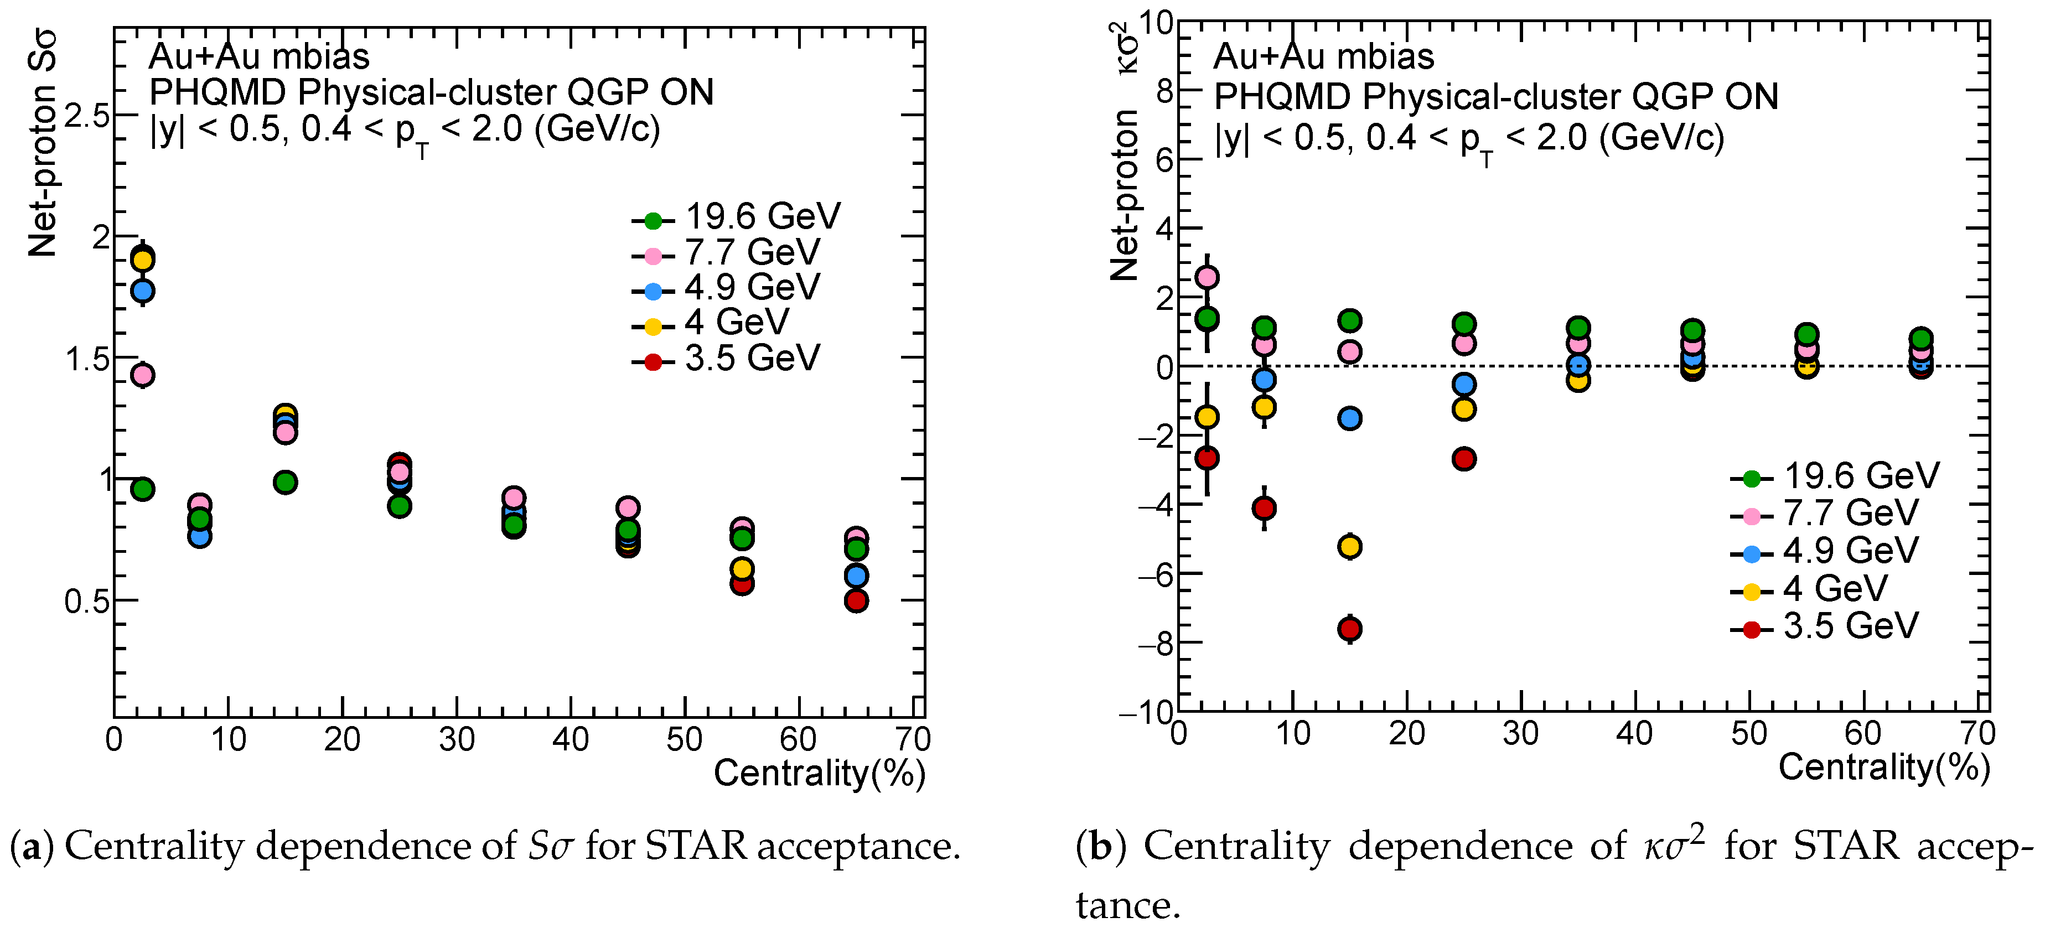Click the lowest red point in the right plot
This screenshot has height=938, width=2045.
coord(1349,629)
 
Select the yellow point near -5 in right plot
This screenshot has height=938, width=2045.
coord(1349,546)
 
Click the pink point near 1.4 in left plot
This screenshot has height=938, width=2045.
coord(142,375)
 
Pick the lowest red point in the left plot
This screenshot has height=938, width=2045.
coord(856,601)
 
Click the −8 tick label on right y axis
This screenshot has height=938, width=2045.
coord(1156,643)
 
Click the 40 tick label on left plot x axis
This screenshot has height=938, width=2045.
coord(570,739)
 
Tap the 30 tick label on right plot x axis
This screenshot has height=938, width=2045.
coord(1520,734)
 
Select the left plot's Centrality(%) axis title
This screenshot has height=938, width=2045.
coord(819,774)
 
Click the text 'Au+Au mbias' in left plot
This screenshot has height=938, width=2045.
coord(259,56)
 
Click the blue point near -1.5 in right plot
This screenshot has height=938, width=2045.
coord(1349,418)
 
